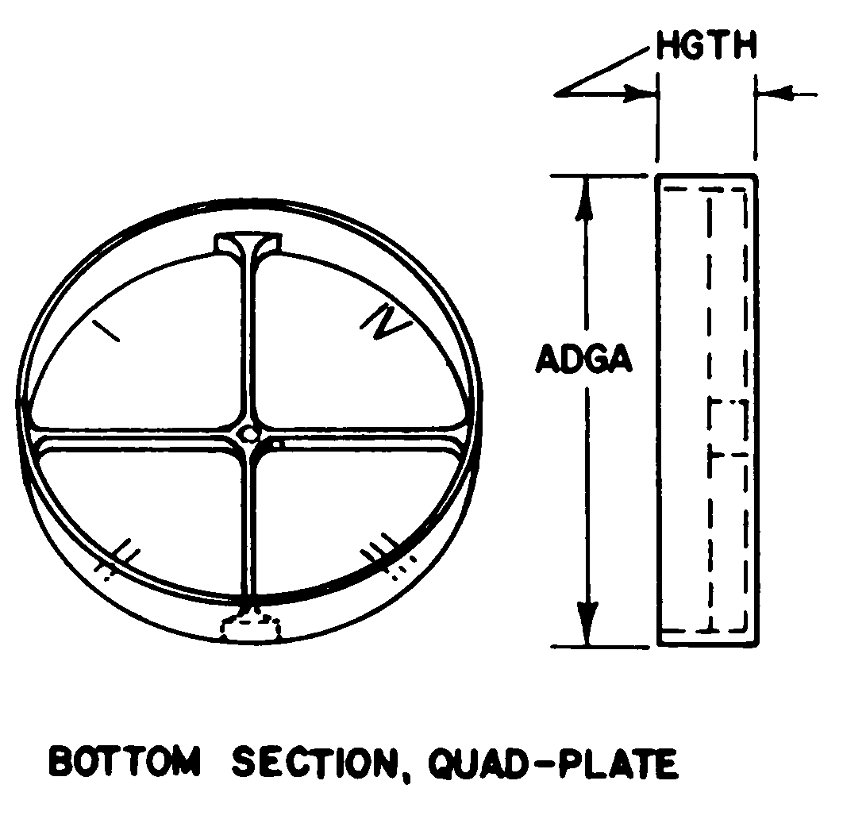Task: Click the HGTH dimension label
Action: (706, 47)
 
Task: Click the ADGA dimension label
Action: (584, 360)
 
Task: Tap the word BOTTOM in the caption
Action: (125, 762)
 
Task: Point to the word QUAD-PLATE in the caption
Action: (553, 763)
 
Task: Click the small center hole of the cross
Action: (248, 433)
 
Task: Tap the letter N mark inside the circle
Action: (387, 322)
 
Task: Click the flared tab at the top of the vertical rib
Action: (248, 243)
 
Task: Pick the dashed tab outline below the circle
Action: (251, 627)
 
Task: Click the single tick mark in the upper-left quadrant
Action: (106, 331)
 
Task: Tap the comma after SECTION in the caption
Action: (411, 773)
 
